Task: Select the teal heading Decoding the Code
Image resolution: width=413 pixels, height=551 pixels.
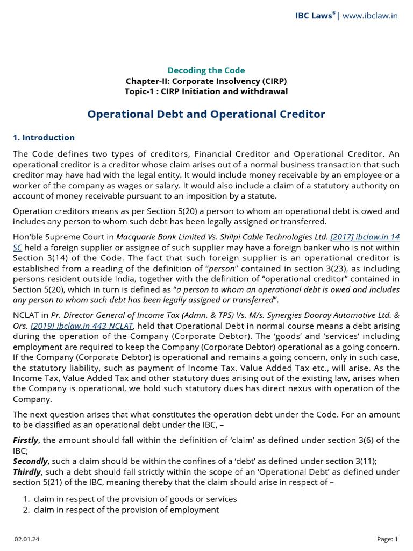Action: (206, 70)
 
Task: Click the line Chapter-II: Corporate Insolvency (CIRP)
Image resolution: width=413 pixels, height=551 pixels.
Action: (206, 81)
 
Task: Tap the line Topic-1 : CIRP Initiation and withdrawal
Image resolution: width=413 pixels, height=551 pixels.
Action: (206, 91)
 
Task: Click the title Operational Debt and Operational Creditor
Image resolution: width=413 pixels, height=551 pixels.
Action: (206, 114)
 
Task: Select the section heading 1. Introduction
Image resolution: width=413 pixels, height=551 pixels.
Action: (44, 138)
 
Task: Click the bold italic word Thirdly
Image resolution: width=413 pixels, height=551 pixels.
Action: (27, 471)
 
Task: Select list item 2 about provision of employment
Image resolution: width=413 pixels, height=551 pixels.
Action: (126, 510)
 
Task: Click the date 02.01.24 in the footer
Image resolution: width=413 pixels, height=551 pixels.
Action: (23, 539)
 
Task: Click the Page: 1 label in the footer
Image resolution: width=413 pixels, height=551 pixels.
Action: (388, 539)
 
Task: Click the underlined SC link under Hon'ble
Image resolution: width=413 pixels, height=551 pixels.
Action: (17, 247)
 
